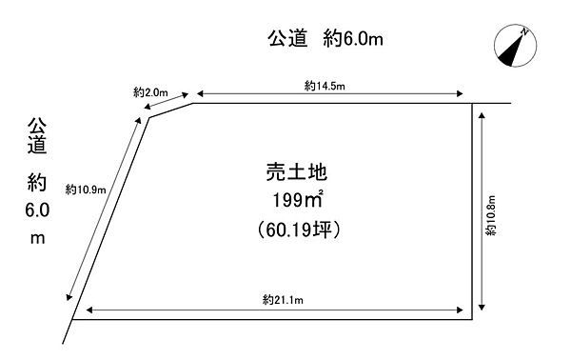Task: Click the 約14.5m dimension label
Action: point(325,86)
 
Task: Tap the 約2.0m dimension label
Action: point(151,92)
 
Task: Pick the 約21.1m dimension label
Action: point(282,300)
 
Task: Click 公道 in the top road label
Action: point(287,40)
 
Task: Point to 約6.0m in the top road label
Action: point(356,40)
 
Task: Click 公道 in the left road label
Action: point(37,135)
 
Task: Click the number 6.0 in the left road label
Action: point(37,210)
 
